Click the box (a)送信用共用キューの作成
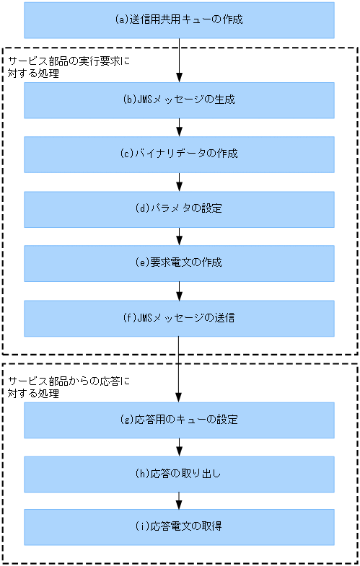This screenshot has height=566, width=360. pyautogui.click(x=179, y=19)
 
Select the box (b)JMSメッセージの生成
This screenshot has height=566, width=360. pyautogui.click(x=179, y=100)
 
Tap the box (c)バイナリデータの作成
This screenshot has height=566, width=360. pyautogui.click(x=179, y=154)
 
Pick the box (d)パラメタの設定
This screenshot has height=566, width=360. pyautogui.click(x=179, y=209)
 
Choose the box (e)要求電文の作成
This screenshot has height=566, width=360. pyautogui.click(x=179, y=263)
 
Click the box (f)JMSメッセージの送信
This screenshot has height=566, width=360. pyautogui.click(x=179, y=318)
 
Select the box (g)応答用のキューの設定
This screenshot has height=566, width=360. pyautogui.click(x=179, y=420)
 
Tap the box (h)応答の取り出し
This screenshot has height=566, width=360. pyautogui.click(x=179, y=474)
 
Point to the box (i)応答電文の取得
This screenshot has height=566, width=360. pyautogui.click(x=179, y=527)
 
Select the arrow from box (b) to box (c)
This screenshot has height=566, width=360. pyautogui.click(x=179, y=128)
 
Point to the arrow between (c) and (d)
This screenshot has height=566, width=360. pyautogui.click(x=179, y=182)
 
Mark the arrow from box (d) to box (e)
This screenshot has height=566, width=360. pyautogui.click(x=179, y=236)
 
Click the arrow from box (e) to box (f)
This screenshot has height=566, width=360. pyautogui.click(x=179, y=291)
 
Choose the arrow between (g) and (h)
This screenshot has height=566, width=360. pyautogui.click(x=179, y=447)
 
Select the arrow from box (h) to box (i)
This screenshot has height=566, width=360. pyautogui.click(x=179, y=500)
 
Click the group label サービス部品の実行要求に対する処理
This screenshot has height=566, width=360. pyautogui.click(x=69, y=67)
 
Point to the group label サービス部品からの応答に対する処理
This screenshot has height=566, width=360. pyautogui.click(x=69, y=388)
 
